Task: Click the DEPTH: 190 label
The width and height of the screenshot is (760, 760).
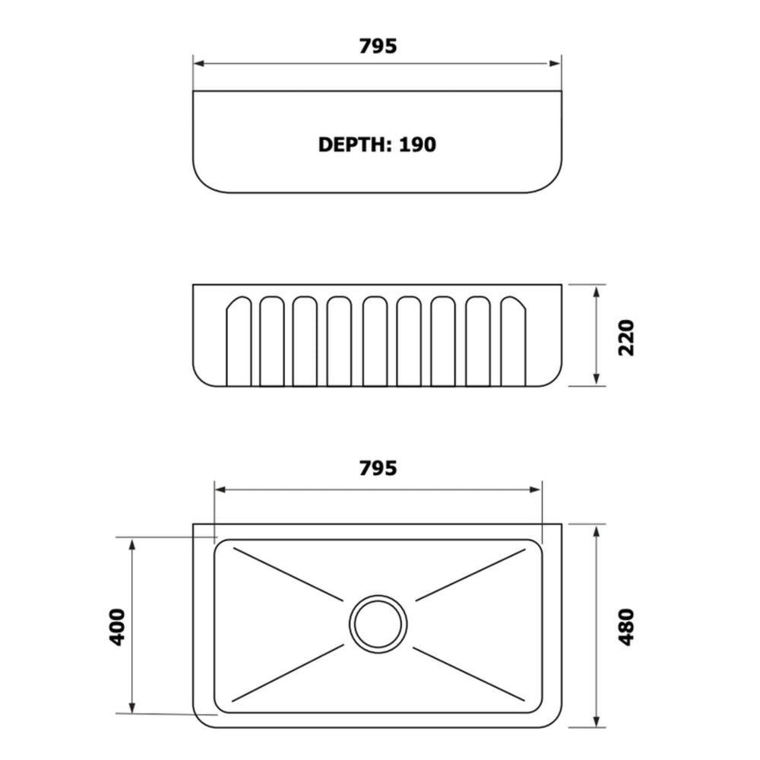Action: click(x=377, y=144)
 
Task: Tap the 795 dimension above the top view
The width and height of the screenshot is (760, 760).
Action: click(x=378, y=46)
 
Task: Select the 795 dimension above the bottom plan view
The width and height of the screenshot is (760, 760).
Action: click(x=378, y=468)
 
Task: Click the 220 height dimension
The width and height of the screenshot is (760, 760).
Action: click(x=626, y=338)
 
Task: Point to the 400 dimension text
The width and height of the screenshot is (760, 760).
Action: click(x=117, y=627)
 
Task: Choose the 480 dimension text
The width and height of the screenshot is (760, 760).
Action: click(x=626, y=627)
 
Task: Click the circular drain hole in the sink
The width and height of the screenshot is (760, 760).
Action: click(x=378, y=624)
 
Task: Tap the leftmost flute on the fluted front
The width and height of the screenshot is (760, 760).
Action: click(x=239, y=341)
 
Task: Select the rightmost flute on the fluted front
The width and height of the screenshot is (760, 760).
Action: click(x=513, y=341)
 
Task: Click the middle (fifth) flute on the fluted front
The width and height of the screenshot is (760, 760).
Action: click(x=375, y=341)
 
